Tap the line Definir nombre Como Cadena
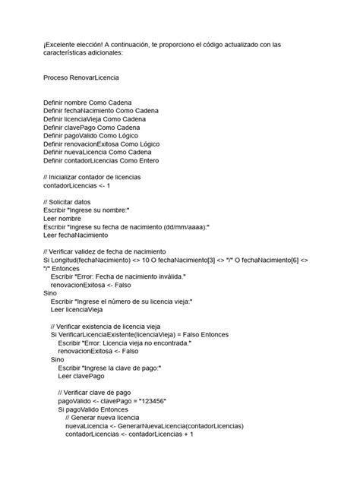[x=87, y=101]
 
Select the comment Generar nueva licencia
[x=103, y=418]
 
